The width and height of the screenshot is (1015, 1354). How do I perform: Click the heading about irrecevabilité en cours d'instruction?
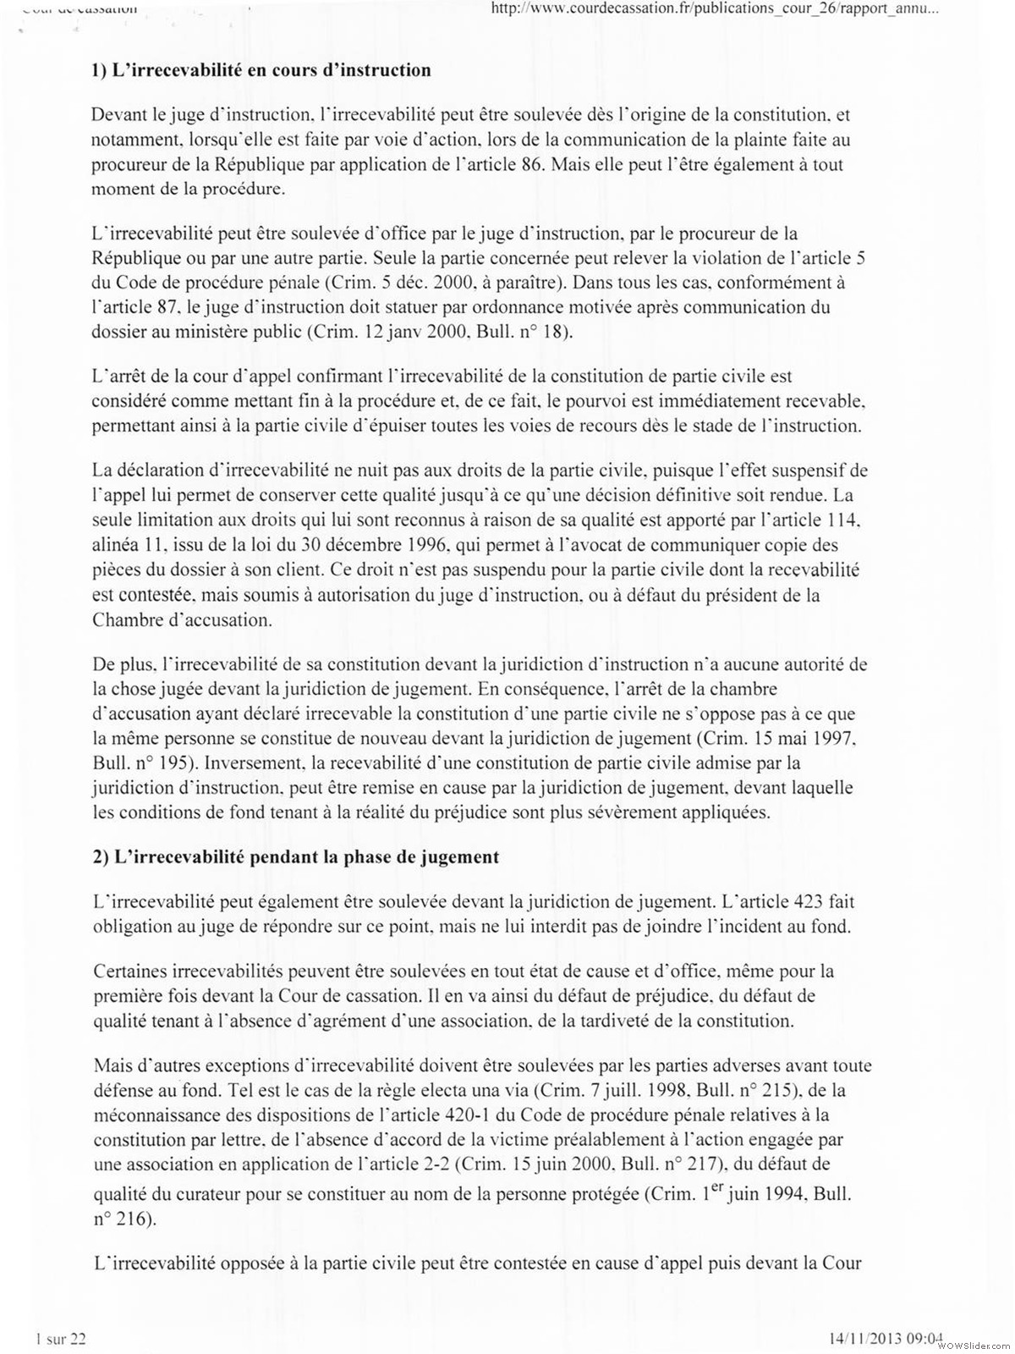click(x=261, y=70)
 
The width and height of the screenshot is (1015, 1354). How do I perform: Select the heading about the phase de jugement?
click(x=296, y=856)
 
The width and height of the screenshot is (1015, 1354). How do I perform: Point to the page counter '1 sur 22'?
click(x=62, y=1338)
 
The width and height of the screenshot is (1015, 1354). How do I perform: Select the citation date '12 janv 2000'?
click(x=403, y=331)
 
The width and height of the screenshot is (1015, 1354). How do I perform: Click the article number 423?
click(x=806, y=901)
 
